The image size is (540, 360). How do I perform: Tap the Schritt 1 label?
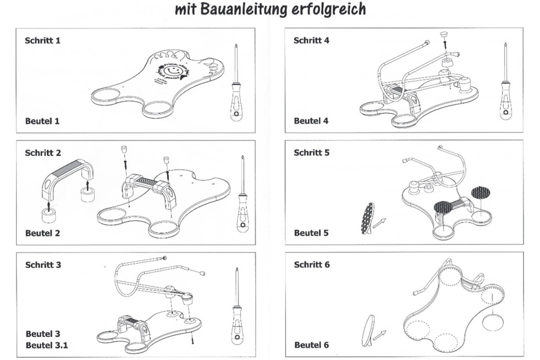(43, 40)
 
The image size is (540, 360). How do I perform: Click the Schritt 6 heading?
(311, 265)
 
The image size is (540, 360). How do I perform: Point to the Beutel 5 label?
(311, 233)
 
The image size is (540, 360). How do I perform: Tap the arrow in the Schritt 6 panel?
(378, 336)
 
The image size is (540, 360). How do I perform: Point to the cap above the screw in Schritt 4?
(443, 34)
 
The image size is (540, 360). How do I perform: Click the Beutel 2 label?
(43, 233)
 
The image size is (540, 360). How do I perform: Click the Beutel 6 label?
(311, 345)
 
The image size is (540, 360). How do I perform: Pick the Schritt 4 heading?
(311, 40)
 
